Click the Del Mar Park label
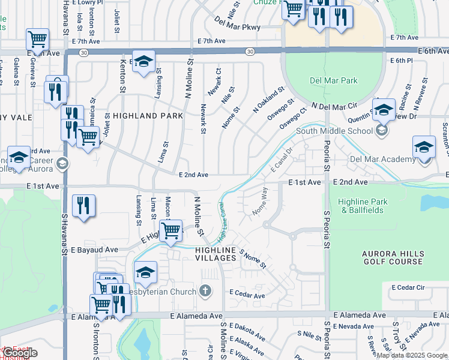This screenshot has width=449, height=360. pos(333,80)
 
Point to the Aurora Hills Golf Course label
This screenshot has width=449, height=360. pos(393,258)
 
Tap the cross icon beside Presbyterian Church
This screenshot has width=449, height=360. pos(205,292)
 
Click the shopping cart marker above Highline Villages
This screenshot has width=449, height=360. pos(171,230)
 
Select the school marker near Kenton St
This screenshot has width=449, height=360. pos(143,61)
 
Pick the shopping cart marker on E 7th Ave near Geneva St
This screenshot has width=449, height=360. pos(37,40)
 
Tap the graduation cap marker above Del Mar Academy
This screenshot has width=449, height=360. pos(424,146)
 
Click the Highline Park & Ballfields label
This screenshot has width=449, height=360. pos(363,206)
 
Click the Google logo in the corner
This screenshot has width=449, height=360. pos(19,353)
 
